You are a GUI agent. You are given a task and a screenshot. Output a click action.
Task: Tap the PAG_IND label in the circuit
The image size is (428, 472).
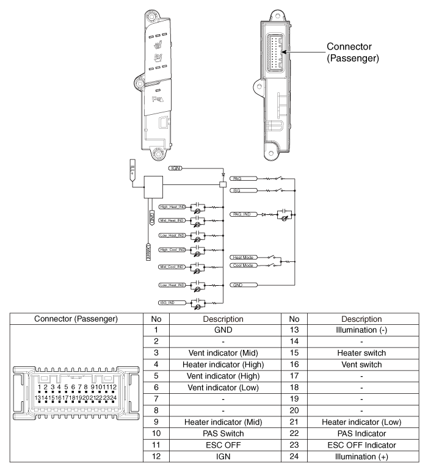click(240, 215)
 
